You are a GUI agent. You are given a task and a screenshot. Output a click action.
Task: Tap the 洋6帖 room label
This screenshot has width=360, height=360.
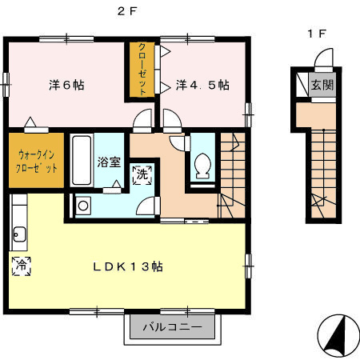(x=66, y=84)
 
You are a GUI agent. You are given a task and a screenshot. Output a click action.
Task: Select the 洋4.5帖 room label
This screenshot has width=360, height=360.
(x=203, y=84)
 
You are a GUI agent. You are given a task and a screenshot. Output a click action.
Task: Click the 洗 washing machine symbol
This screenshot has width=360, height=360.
(x=142, y=174)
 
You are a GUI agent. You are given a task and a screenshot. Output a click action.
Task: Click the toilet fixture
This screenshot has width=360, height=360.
(x=202, y=164)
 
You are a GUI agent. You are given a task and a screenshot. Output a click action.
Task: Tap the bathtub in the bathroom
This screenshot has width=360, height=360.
(x=82, y=161)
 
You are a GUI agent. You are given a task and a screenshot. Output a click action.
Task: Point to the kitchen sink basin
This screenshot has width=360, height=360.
(x=20, y=235)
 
